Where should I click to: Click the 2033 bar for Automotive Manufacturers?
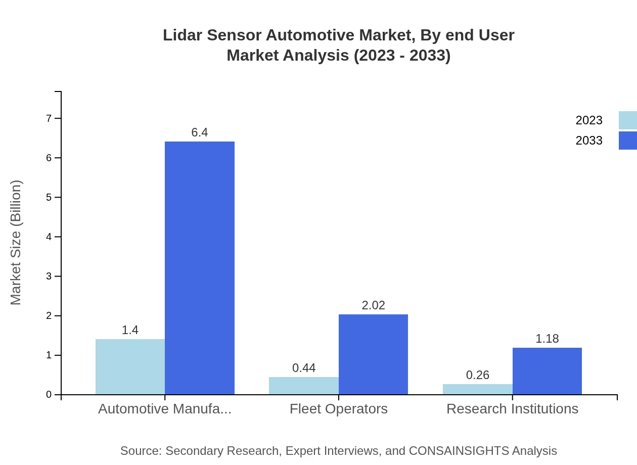click(200, 268)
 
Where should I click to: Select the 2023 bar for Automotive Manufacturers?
click(130, 366)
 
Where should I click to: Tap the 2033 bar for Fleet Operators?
click(373, 354)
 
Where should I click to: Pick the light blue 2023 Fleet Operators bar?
click(304, 386)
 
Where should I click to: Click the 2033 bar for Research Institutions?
click(547, 371)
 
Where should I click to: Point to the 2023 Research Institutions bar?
click(477, 389)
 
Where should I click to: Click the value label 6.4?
click(200, 132)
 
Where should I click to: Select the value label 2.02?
click(373, 305)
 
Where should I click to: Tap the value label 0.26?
click(477, 375)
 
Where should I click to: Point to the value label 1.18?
click(547, 339)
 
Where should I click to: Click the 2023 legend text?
click(589, 120)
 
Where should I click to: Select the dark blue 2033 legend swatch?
click(628, 141)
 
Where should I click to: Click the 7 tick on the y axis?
click(49, 118)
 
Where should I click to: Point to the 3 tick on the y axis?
click(49, 276)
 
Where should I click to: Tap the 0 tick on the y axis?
click(49, 395)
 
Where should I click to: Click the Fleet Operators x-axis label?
click(339, 409)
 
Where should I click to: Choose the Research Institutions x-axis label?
click(512, 409)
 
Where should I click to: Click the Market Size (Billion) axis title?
click(16, 243)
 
